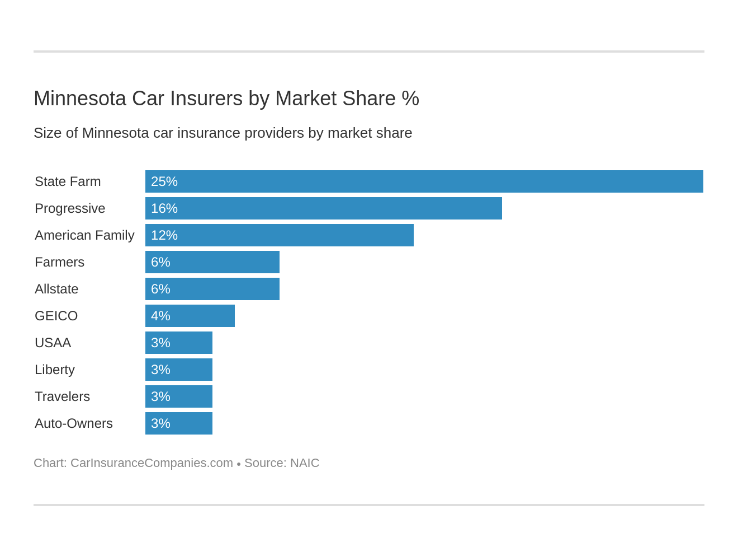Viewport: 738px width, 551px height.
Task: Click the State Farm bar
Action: [x=424, y=181]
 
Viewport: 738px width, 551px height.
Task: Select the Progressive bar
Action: [x=323, y=208]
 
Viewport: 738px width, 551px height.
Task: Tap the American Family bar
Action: [x=279, y=235]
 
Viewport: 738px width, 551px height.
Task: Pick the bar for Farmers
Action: [x=212, y=262]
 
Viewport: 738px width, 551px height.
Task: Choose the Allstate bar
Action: [x=212, y=289]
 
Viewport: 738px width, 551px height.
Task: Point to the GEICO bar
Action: [x=190, y=316]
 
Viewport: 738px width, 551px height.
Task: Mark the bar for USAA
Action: [x=178, y=343]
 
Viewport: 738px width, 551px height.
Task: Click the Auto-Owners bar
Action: [x=178, y=423]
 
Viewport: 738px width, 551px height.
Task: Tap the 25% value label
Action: [x=164, y=181]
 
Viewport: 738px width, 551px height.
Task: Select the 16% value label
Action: [x=164, y=208]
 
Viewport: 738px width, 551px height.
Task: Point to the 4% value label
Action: [x=160, y=316]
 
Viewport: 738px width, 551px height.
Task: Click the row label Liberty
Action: [x=55, y=370]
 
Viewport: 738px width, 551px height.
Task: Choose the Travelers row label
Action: [x=62, y=396]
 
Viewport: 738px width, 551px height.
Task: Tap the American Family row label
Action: [x=84, y=235]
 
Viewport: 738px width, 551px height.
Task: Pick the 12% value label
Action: [x=164, y=235]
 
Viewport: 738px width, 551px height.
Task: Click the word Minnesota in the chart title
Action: [x=80, y=99]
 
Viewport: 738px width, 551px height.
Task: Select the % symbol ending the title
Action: [x=410, y=99]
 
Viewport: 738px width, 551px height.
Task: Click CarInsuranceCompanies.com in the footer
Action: [x=152, y=463]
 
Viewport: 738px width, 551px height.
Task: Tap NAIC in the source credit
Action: [x=305, y=463]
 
